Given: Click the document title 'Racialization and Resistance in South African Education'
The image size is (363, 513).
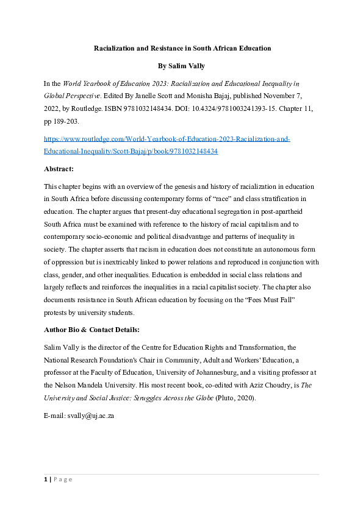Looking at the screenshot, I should pyautogui.click(x=181, y=48).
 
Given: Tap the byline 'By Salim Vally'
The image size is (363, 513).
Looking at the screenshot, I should pyautogui.click(x=181, y=66).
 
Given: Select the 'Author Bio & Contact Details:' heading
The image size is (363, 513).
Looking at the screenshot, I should pyautogui.click(x=91, y=330).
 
